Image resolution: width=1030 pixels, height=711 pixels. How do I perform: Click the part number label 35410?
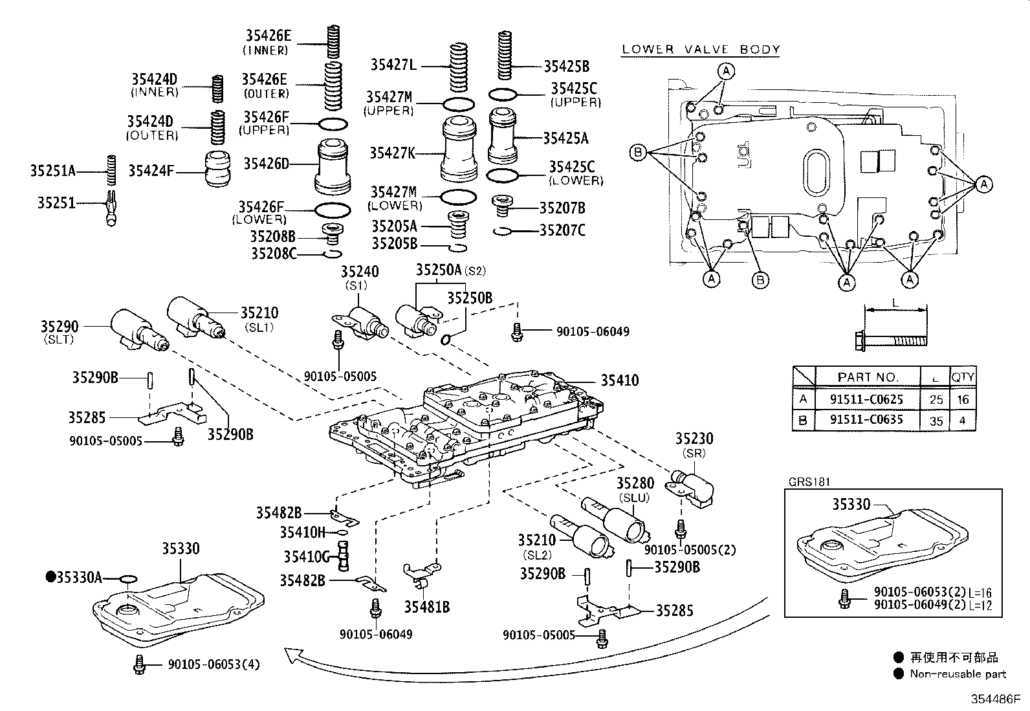pyautogui.click(x=619, y=380)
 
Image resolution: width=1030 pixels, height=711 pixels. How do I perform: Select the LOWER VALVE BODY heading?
pyautogui.click(x=701, y=49)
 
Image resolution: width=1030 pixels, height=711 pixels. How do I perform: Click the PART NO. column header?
pyautogui.click(x=868, y=377)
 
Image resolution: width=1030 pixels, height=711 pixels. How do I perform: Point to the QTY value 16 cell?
pyautogui.click(x=963, y=399)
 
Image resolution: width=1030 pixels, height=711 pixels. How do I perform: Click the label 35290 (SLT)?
pyautogui.click(x=59, y=327)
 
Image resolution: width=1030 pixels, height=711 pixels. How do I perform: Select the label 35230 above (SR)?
pyautogui.click(x=694, y=439)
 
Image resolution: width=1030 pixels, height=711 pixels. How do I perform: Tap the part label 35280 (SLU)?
pyautogui.click(x=635, y=483)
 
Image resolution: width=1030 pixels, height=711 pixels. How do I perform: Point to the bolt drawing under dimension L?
pyautogui.click(x=890, y=339)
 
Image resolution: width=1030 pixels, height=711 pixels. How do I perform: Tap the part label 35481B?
pyautogui.click(x=426, y=607)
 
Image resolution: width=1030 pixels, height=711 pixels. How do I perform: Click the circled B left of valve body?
pyautogui.click(x=637, y=153)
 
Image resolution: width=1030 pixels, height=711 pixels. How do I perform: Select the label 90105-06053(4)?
pyautogui.click(x=214, y=664)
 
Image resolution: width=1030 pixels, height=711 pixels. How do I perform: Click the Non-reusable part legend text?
pyautogui.click(x=958, y=673)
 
